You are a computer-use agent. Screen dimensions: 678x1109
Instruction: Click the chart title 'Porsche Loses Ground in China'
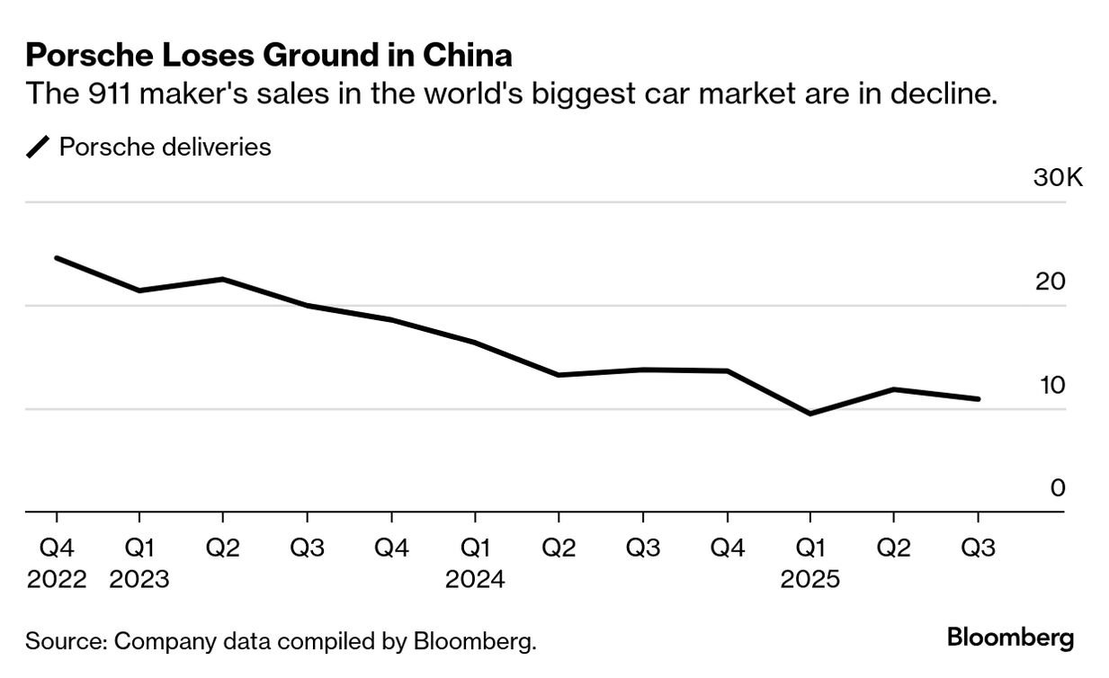tap(269, 56)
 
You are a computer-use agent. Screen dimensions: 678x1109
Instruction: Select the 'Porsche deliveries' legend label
tap(165, 147)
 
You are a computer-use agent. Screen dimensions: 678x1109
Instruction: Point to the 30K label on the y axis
tap(1058, 177)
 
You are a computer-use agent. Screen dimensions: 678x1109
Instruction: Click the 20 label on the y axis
tap(1050, 281)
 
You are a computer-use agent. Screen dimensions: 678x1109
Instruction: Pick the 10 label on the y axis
tap(1050, 385)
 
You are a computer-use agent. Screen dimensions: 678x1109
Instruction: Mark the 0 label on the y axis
tap(1058, 487)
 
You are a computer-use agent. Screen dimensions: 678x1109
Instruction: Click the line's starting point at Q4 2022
tap(57, 258)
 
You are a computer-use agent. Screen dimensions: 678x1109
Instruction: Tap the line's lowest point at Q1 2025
tap(810, 414)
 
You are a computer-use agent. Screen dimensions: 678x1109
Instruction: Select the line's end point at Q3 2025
tap(978, 399)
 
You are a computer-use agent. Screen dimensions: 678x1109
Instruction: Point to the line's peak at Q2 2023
tap(223, 279)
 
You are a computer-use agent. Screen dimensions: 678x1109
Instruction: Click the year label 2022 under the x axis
tap(57, 579)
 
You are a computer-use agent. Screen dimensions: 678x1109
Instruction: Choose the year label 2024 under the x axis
tap(475, 579)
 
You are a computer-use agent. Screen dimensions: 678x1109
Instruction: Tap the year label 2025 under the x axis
tap(810, 579)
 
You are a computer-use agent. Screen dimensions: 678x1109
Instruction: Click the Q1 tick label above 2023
tap(139, 548)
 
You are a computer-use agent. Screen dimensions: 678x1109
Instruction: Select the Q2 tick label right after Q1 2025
tap(893, 548)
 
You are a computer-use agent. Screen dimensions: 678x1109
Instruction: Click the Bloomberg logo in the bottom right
tap(1010, 638)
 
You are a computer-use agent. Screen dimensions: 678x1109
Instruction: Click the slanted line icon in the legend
tap(39, 147)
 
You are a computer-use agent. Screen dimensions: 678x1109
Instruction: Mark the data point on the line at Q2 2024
tap(559, 375)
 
